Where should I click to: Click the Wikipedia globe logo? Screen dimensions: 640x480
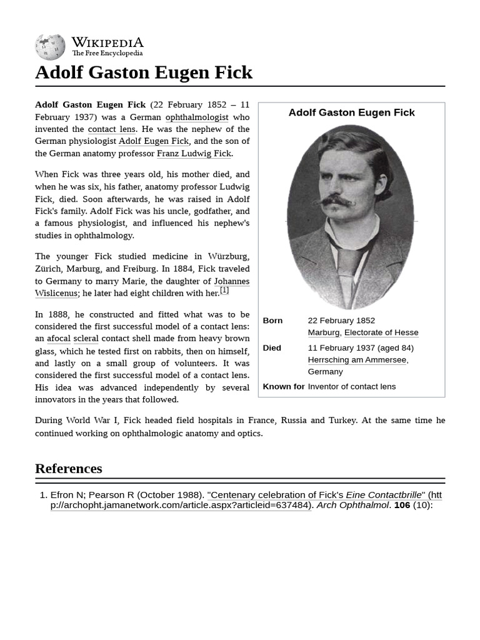[x=50, y=47]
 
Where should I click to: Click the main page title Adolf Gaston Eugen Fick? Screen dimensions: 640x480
[x=144, y=72]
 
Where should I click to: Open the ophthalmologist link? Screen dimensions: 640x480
[x=197, y=117]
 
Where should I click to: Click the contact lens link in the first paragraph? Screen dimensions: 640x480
[x=111, y=129]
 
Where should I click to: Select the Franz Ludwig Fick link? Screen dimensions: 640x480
[x=194, y=153]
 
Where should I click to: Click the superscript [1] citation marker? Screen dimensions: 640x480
[x=224, y=290]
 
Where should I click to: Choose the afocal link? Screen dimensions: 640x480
[x=58, y=339]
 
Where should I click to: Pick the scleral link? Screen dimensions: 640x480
[x=86, y=339]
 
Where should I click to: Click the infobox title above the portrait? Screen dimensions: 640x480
[x=351, y=112]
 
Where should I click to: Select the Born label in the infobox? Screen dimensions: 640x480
[x=272, y=321]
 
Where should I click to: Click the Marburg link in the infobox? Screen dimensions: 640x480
[x=323, y=332]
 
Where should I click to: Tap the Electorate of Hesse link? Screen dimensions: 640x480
[x=381, y=332]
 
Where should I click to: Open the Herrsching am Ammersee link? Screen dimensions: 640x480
[x=357, y=360]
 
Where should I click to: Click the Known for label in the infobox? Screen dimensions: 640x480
[x=284, y=386]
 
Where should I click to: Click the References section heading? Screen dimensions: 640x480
[x=69, y=469]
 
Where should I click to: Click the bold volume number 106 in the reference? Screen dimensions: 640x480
[x=402, y=505]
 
